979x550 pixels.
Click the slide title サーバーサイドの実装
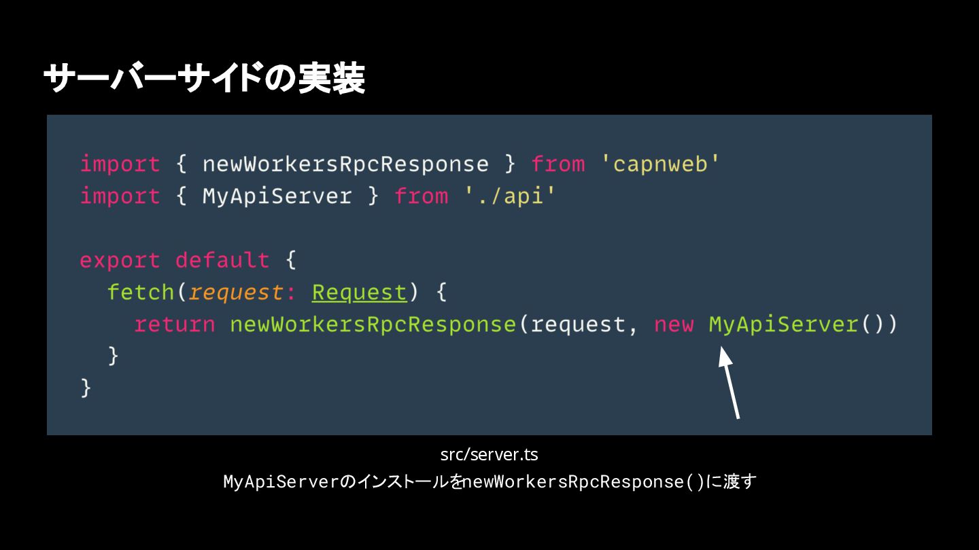pyautogui.click(x=204, y=79)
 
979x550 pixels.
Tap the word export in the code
pyautogui.click(x=120, y=261)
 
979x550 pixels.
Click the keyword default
pyautogui.click(x=222, y=261)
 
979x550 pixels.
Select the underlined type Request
pyautogui.click(x=359, y=293)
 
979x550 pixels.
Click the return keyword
pyautogui.click(x=175, y=325)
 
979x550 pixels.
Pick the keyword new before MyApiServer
pyautogui.click(x=674, y=325)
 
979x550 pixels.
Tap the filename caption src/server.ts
pyautogui.click(x=489, y=454)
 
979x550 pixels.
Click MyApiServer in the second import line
pyautogui.click(x=277, y=196)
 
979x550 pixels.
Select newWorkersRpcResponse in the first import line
pyautogui.click(x=345, y=164)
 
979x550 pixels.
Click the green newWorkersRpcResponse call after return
pyautogui.click(x=373, y=325)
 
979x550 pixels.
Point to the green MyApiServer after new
pyautogui.click(x=783, y=325)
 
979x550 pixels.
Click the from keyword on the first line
pyautogui.click(x=557, y=164)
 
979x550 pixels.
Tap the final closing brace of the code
pyautogui.click(x=86, y=388)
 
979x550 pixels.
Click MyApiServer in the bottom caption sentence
pyautogui.click(x=281, y=482)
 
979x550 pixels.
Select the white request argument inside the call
pyautogui.click(x=578, y=325)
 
